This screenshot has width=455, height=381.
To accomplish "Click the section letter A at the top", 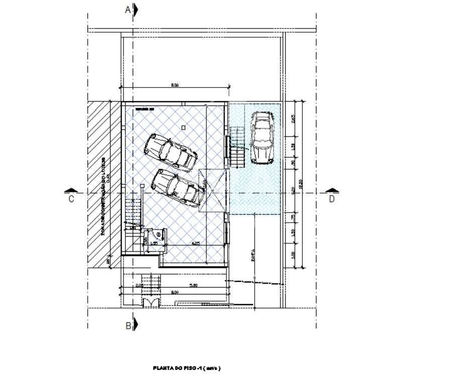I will coord(128,10).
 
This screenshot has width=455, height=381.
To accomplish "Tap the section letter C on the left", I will coord(71,199).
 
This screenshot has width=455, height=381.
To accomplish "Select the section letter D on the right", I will coord(332,199).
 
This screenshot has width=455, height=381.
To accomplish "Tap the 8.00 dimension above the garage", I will coord(175,85).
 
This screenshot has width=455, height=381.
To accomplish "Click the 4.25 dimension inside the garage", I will coord(197,244).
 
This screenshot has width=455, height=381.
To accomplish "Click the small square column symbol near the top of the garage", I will coord(184,128).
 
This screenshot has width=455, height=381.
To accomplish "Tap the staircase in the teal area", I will coord(237,147).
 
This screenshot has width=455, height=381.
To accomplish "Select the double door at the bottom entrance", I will coord(150,302).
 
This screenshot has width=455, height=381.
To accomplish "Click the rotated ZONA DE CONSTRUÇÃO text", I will coord(103,196).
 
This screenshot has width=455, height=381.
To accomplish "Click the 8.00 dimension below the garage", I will coord(174,292).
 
